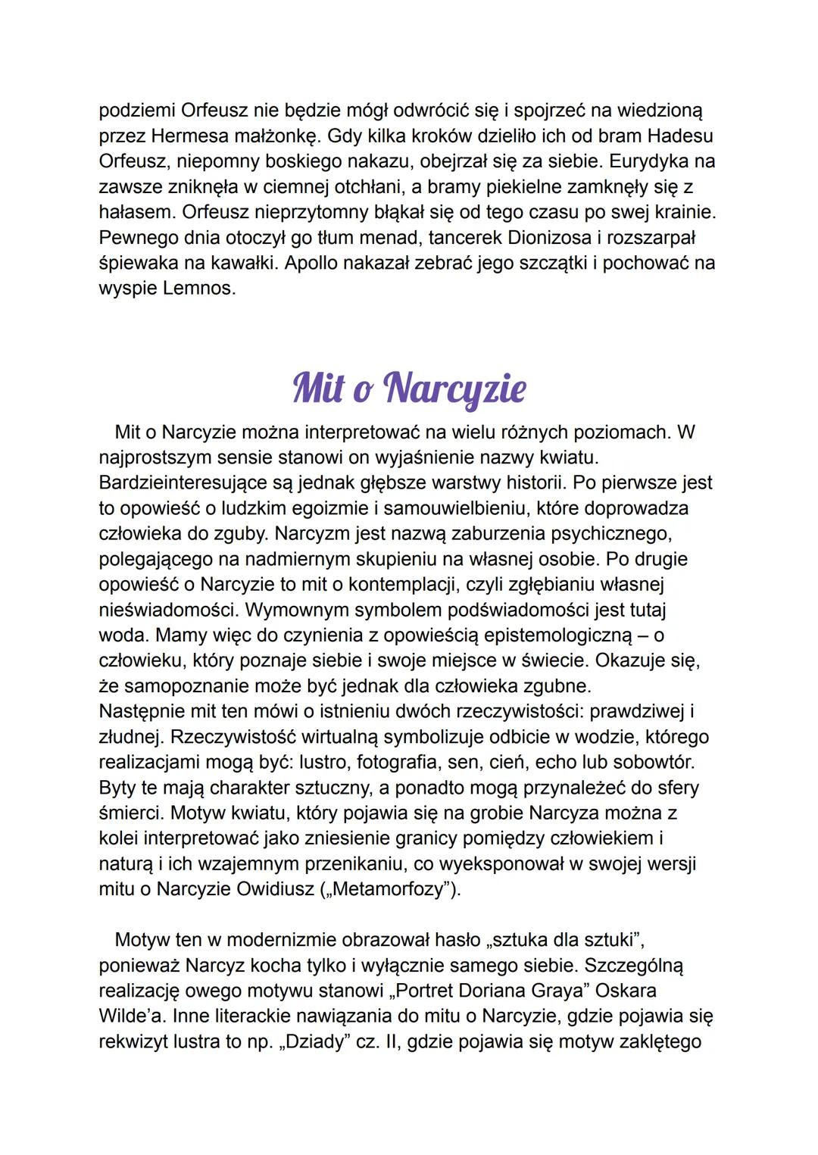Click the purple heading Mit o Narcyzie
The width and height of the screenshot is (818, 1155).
(x=409, y=388)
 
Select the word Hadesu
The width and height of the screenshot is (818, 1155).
(x=679, y=136)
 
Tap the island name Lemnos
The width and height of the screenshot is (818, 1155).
(x=198, y=289)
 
